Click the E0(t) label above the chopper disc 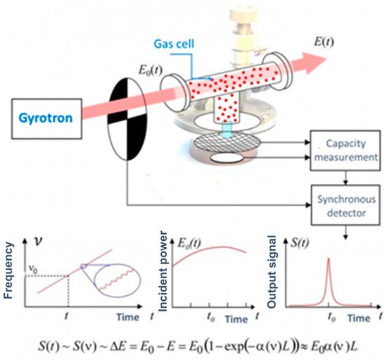point(146,68)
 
